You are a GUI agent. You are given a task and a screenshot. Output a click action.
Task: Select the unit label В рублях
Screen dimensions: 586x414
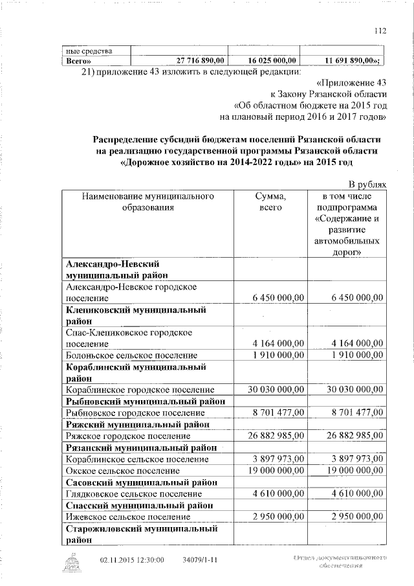pyautogui.click(x=367, y=185)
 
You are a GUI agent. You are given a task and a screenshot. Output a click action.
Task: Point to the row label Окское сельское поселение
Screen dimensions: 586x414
pyautogui.click(x=123, y=471)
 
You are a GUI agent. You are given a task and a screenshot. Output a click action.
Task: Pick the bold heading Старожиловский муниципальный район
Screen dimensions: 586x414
pyautogui.click(x=141, y=534)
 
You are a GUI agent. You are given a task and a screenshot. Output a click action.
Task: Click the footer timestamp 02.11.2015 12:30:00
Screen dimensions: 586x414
pyautogui.click(x=132, y=560)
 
